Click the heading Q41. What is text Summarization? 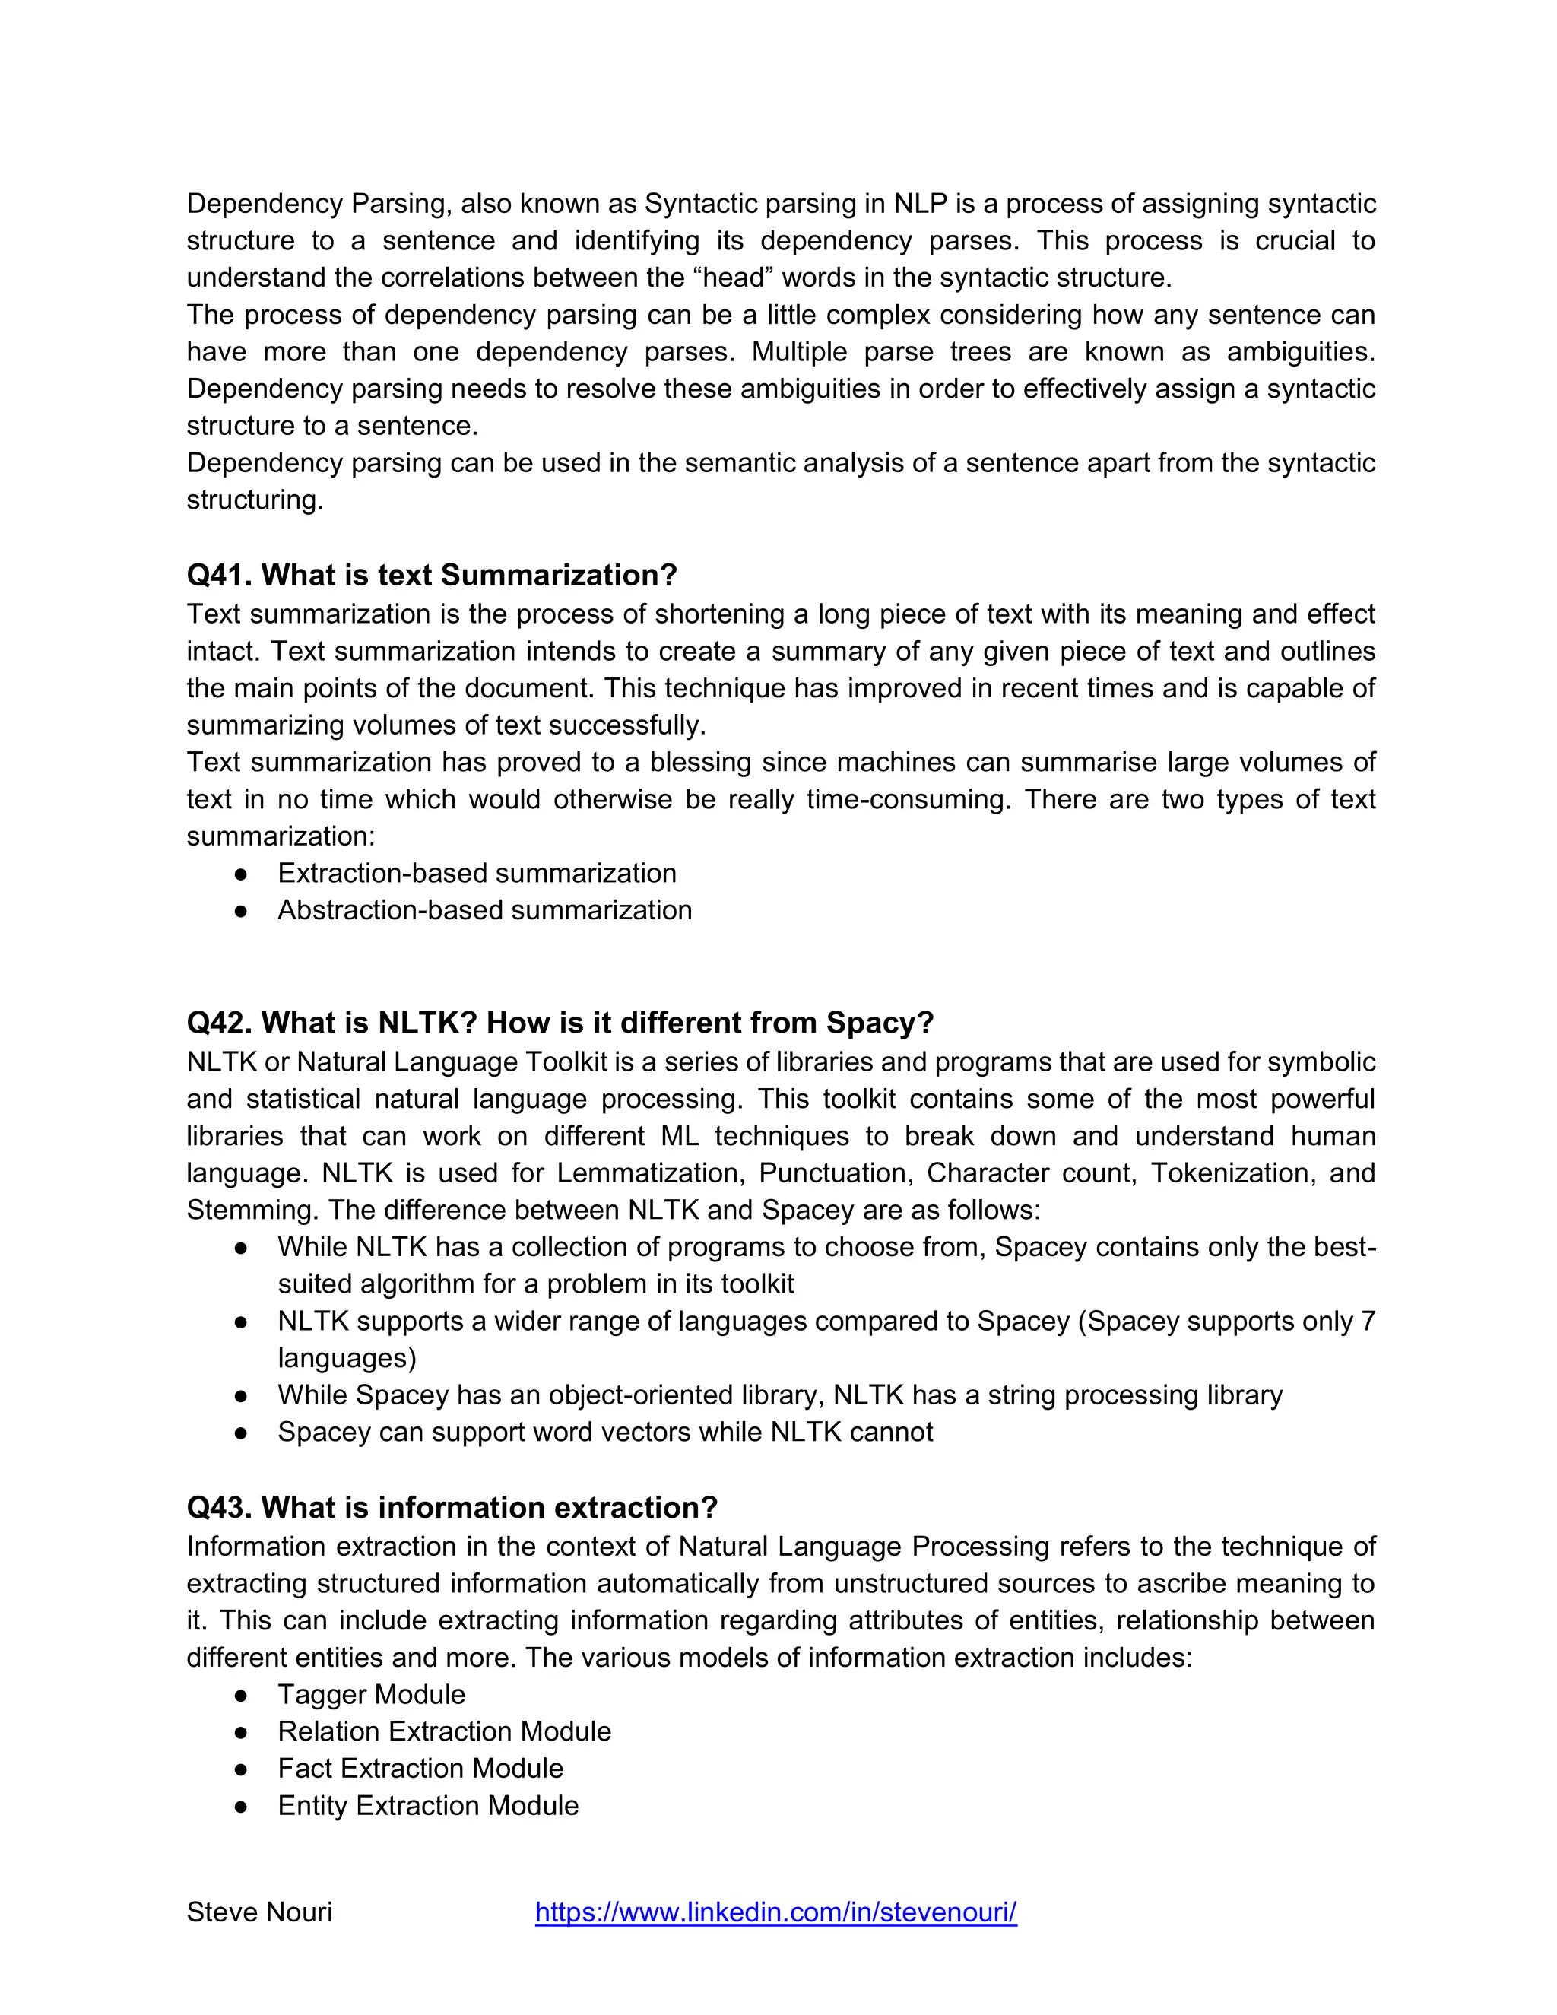pyautogui.click(x=431, y=575)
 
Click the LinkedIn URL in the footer pyautogui.click(x=775, y=1912)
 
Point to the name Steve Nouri pyautogui.click(x=259, y=1912)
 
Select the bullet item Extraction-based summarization pyautogui.click(x=477, y=873)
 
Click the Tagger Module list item pyautogui.click(x=371, y=1694)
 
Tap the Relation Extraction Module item pyautogui.click(x=444, y=1731)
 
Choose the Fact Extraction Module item pyautogui.click(x=420, y=1768)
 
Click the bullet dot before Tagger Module pyautogui.click(x=241, y=1695)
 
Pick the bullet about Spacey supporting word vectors pyautogui.click(x=605, y=1431)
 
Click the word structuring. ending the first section pyautogui.click(x=255, y=500)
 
